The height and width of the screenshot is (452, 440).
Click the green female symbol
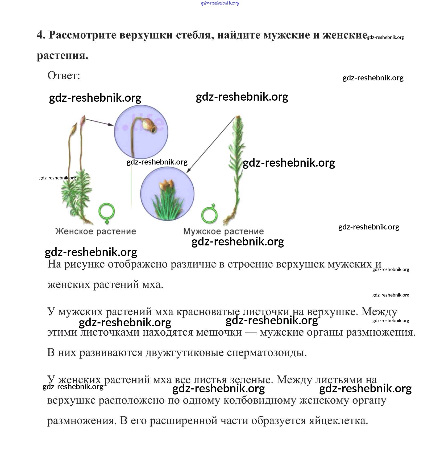[x=107, y=213]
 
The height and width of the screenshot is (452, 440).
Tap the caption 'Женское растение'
[x=96, y=231]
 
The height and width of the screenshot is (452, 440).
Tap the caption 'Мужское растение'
[x=223, y=231]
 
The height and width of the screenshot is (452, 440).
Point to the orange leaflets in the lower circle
[x=166, y=185]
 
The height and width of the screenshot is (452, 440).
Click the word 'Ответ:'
[x=64, y=76]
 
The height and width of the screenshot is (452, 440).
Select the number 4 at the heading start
[x=41, y=35]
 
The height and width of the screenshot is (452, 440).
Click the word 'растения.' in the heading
[x=63, y=55]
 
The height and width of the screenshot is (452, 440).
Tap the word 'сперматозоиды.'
[x=267, y=352]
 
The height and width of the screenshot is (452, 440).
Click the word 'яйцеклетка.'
[x=338, y=421]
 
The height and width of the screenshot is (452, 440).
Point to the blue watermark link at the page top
[x=220, y=3]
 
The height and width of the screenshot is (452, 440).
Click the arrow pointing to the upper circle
[x=99, y=122]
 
